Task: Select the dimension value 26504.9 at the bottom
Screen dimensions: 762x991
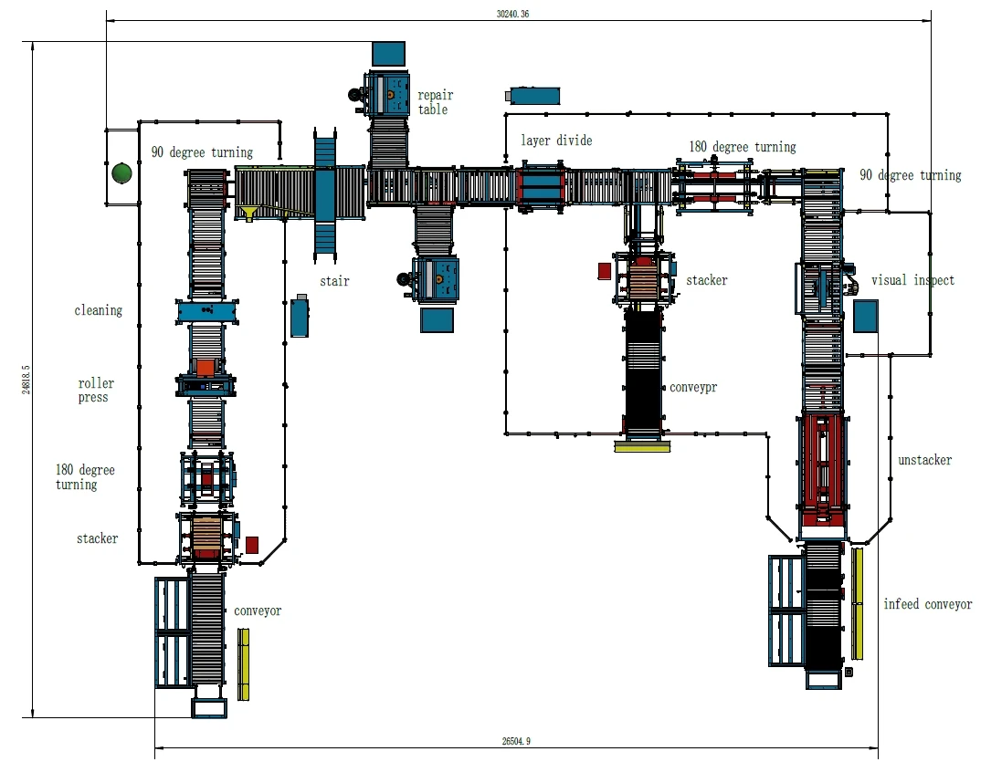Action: [x=516, y=741]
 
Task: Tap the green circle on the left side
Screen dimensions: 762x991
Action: [x=121, y=172]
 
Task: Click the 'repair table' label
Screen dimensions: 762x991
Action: [x=435, y=102]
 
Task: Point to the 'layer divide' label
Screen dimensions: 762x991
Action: [x=556, y=141]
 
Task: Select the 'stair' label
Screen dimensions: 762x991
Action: [x=334, y=281]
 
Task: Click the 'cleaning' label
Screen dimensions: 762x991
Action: [x=98, y=310]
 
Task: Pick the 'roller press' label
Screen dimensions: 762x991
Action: [x=96, y=391]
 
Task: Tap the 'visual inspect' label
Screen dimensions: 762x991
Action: [x=912, y=280]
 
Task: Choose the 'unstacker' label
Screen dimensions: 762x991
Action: [x=924, y=460]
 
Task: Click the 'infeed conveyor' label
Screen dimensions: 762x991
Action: [x=927, y=604]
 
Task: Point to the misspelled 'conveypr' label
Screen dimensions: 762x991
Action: [x=693, y=388]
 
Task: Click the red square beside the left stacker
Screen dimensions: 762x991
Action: [x=252, y=545]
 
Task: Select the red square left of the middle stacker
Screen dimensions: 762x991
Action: [x=604, y=270]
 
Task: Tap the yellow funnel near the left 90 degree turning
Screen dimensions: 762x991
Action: [x=249, y=214]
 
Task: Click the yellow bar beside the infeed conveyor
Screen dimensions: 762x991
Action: [x=857, y=603]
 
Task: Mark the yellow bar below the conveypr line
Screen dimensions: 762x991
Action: [x=642, y=447]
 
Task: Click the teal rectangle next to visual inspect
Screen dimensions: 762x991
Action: [x=865, y=316]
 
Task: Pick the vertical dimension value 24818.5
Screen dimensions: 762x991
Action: [x=26, y=379]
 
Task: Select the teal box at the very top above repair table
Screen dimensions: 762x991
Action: [x=389, y=54]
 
